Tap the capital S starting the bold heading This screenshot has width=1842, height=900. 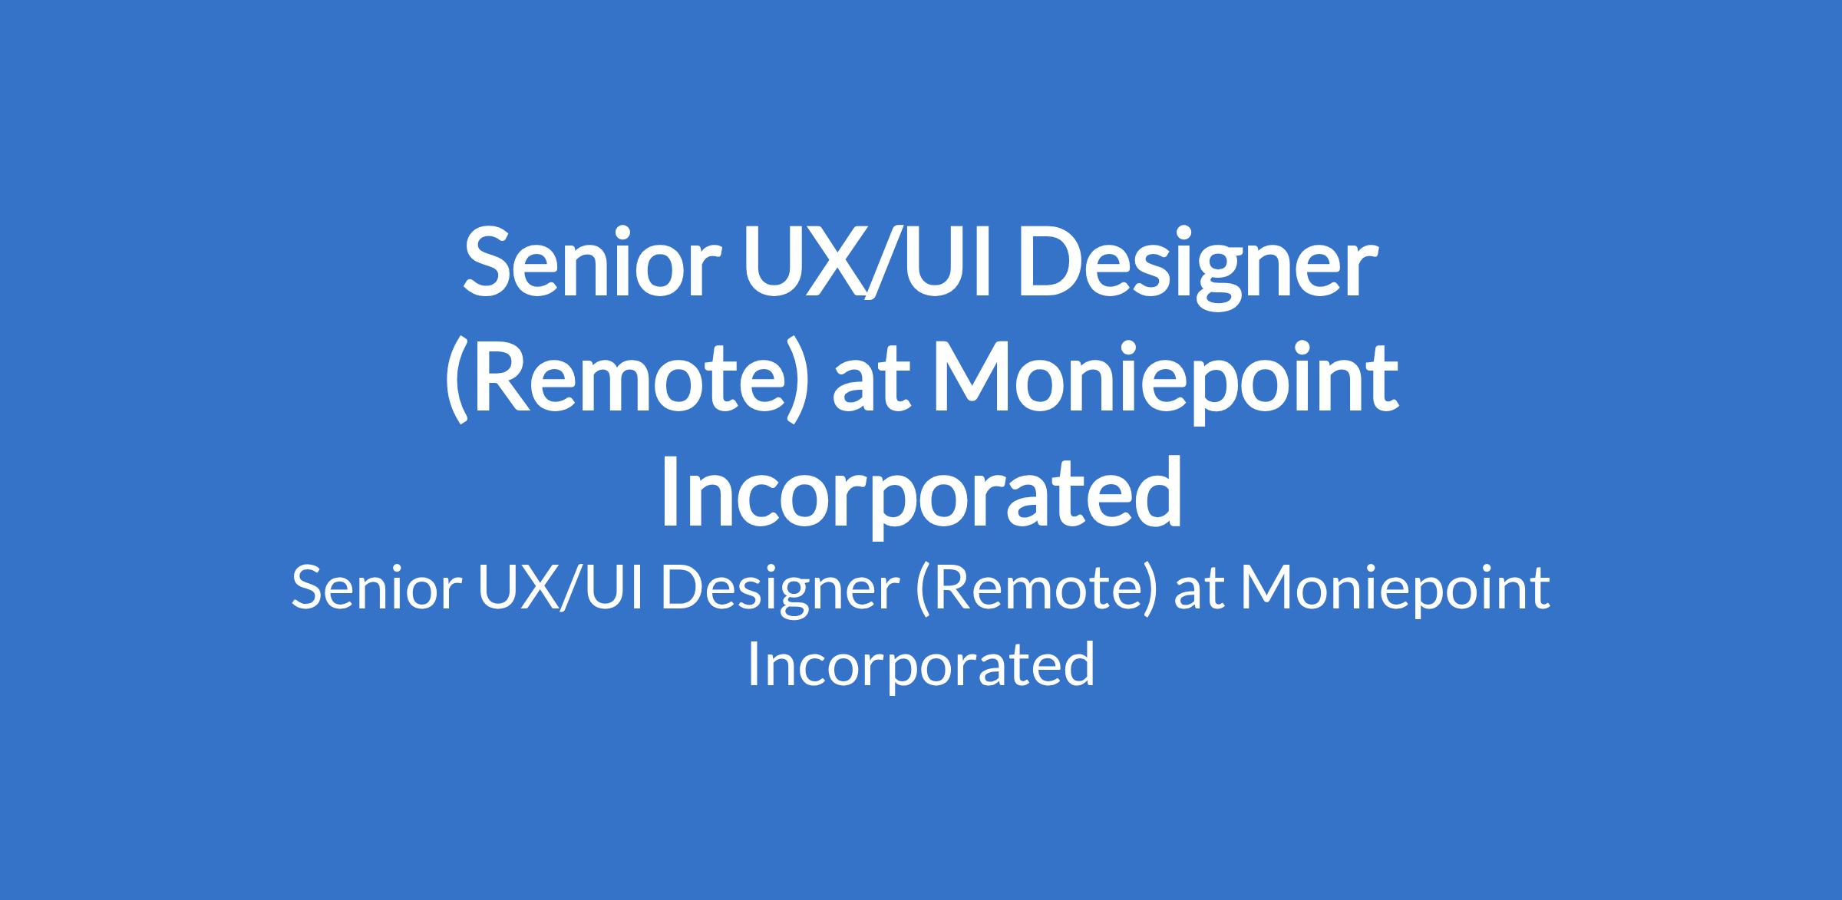(487, 262)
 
